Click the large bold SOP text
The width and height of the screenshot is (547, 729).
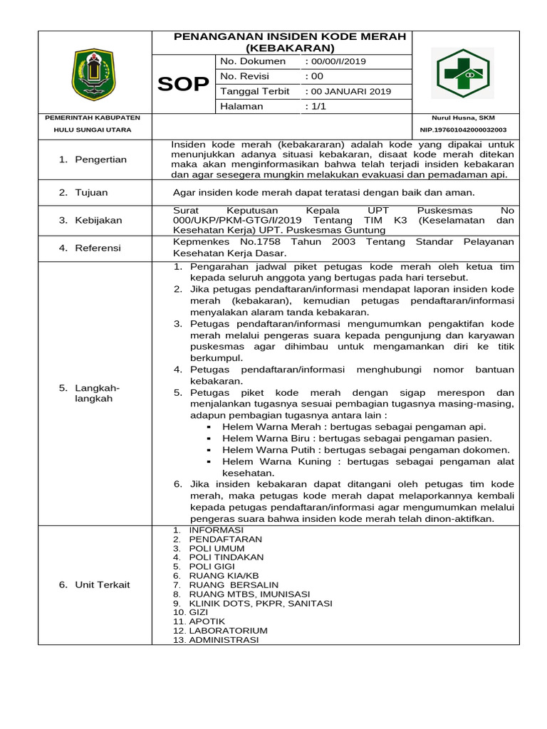(x=183, y=84)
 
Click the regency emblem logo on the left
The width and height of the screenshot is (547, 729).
(x=93, y=74)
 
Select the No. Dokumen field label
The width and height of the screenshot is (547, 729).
(x=253, y=61)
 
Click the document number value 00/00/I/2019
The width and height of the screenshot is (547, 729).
(x=336, y=61)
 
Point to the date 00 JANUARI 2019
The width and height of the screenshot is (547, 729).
(x=349, y=91)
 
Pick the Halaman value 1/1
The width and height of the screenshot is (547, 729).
(x=316, y=106)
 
